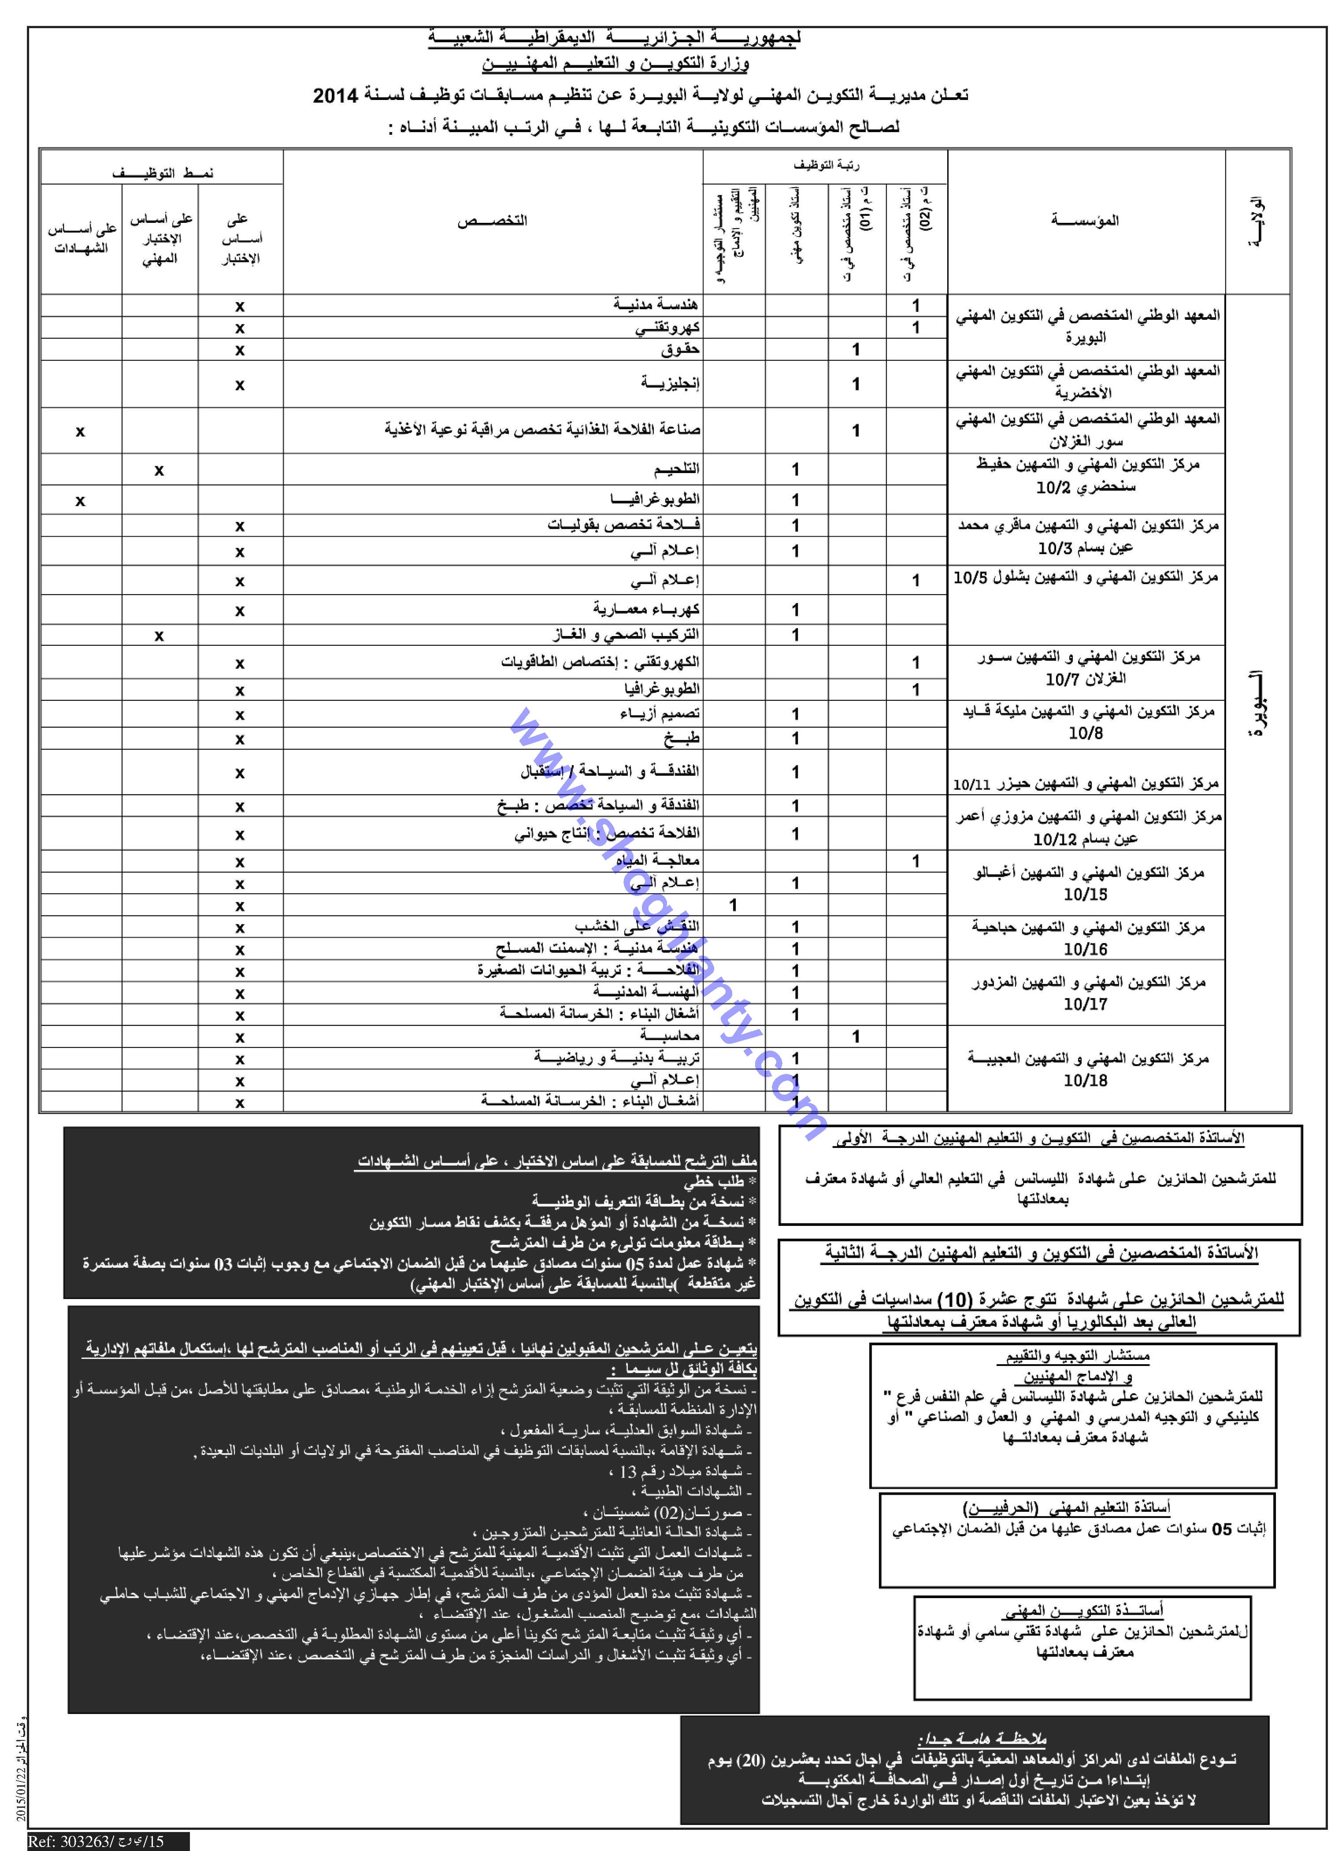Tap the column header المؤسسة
(x=1085, y=220)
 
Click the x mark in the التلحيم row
(x=159, y=470)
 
